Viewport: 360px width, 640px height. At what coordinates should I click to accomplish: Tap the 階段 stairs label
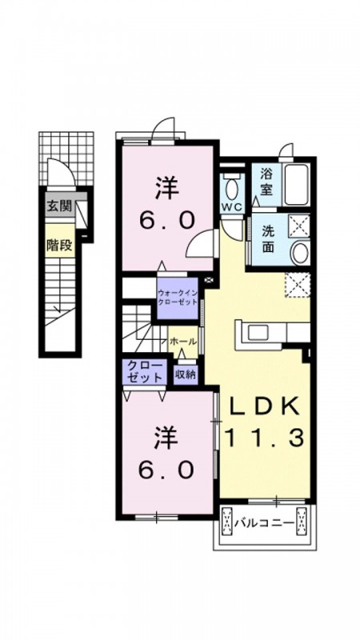(x=58, y=245)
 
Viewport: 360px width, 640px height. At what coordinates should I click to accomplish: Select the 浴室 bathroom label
(x=266, y=182)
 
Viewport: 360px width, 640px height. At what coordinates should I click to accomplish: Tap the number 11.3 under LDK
(x=264, y=438)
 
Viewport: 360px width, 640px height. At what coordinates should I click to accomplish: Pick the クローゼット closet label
(x=144, y=372)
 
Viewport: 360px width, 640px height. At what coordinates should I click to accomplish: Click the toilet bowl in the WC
(x=232, y=187)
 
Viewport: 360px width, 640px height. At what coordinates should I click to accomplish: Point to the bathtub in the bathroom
(x=298, y=186)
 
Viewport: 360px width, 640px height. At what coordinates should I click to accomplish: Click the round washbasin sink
(x=300, y=253)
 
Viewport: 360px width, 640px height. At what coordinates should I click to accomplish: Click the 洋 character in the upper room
(x=167, y=190)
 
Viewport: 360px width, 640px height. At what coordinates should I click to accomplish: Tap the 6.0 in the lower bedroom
(x=166, y=470)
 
